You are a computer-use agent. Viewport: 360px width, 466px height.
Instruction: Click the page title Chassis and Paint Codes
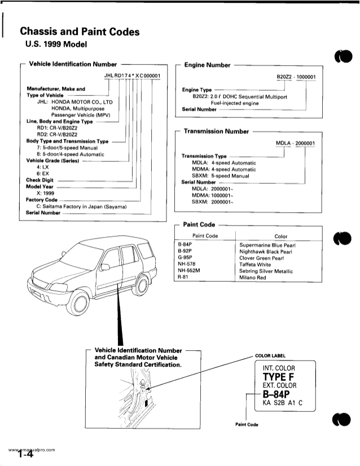coord(79,32)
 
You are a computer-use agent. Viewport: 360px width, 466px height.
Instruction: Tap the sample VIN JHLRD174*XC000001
coord(133,76)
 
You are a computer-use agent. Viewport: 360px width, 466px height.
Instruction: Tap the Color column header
coord(280,236)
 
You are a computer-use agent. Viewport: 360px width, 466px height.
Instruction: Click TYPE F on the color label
coord(279,377)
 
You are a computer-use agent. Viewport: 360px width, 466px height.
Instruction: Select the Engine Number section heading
coord(207,65)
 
